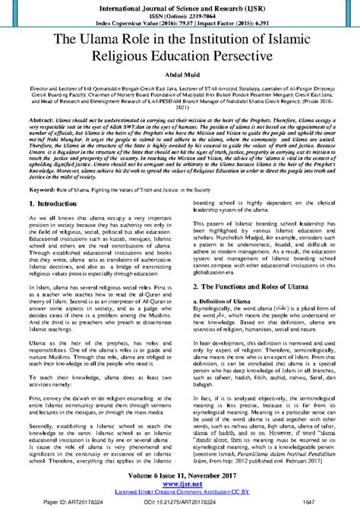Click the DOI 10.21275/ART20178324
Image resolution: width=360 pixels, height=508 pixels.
(180, 501)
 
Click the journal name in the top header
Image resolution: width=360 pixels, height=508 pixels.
(180, 8)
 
